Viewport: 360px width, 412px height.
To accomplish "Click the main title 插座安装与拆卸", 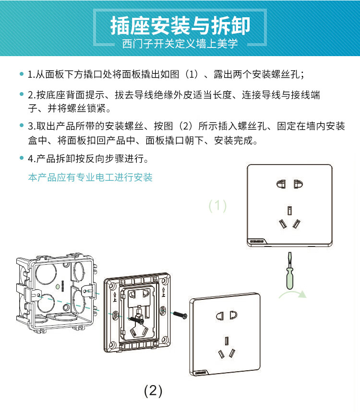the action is click(180, 25).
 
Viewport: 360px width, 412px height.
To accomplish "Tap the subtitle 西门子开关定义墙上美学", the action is click(180, 44).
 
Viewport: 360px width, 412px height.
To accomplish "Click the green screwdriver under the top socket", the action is click(290, 271).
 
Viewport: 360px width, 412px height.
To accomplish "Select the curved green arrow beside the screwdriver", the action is click(293, 293).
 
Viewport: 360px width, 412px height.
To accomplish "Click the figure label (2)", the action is click(153, 391).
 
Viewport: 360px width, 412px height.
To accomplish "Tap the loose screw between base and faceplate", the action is click(180, 314).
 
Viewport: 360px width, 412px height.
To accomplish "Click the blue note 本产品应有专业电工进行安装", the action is click(90, 177).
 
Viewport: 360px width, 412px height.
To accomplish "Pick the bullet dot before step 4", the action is click(22, 158).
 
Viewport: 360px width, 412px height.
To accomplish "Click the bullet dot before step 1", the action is click(22, 74).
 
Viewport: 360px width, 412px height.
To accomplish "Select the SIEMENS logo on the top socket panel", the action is click(256, 241).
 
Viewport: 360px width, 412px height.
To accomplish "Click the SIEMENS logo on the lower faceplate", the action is click(201, 372).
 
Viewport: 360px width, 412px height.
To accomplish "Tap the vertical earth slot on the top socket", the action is click(289, 211).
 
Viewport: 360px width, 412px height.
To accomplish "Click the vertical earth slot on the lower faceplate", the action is click(227, 341).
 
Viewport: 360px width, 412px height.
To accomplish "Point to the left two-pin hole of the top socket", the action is click(281, 184).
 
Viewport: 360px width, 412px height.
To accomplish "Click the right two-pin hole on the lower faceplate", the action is click(233, 315).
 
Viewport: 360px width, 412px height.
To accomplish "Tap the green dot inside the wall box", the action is click(58, 286).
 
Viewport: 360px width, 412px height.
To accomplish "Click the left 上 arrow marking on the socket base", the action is click(115, 296).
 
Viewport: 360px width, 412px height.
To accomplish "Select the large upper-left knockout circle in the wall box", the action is click(46, 273).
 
